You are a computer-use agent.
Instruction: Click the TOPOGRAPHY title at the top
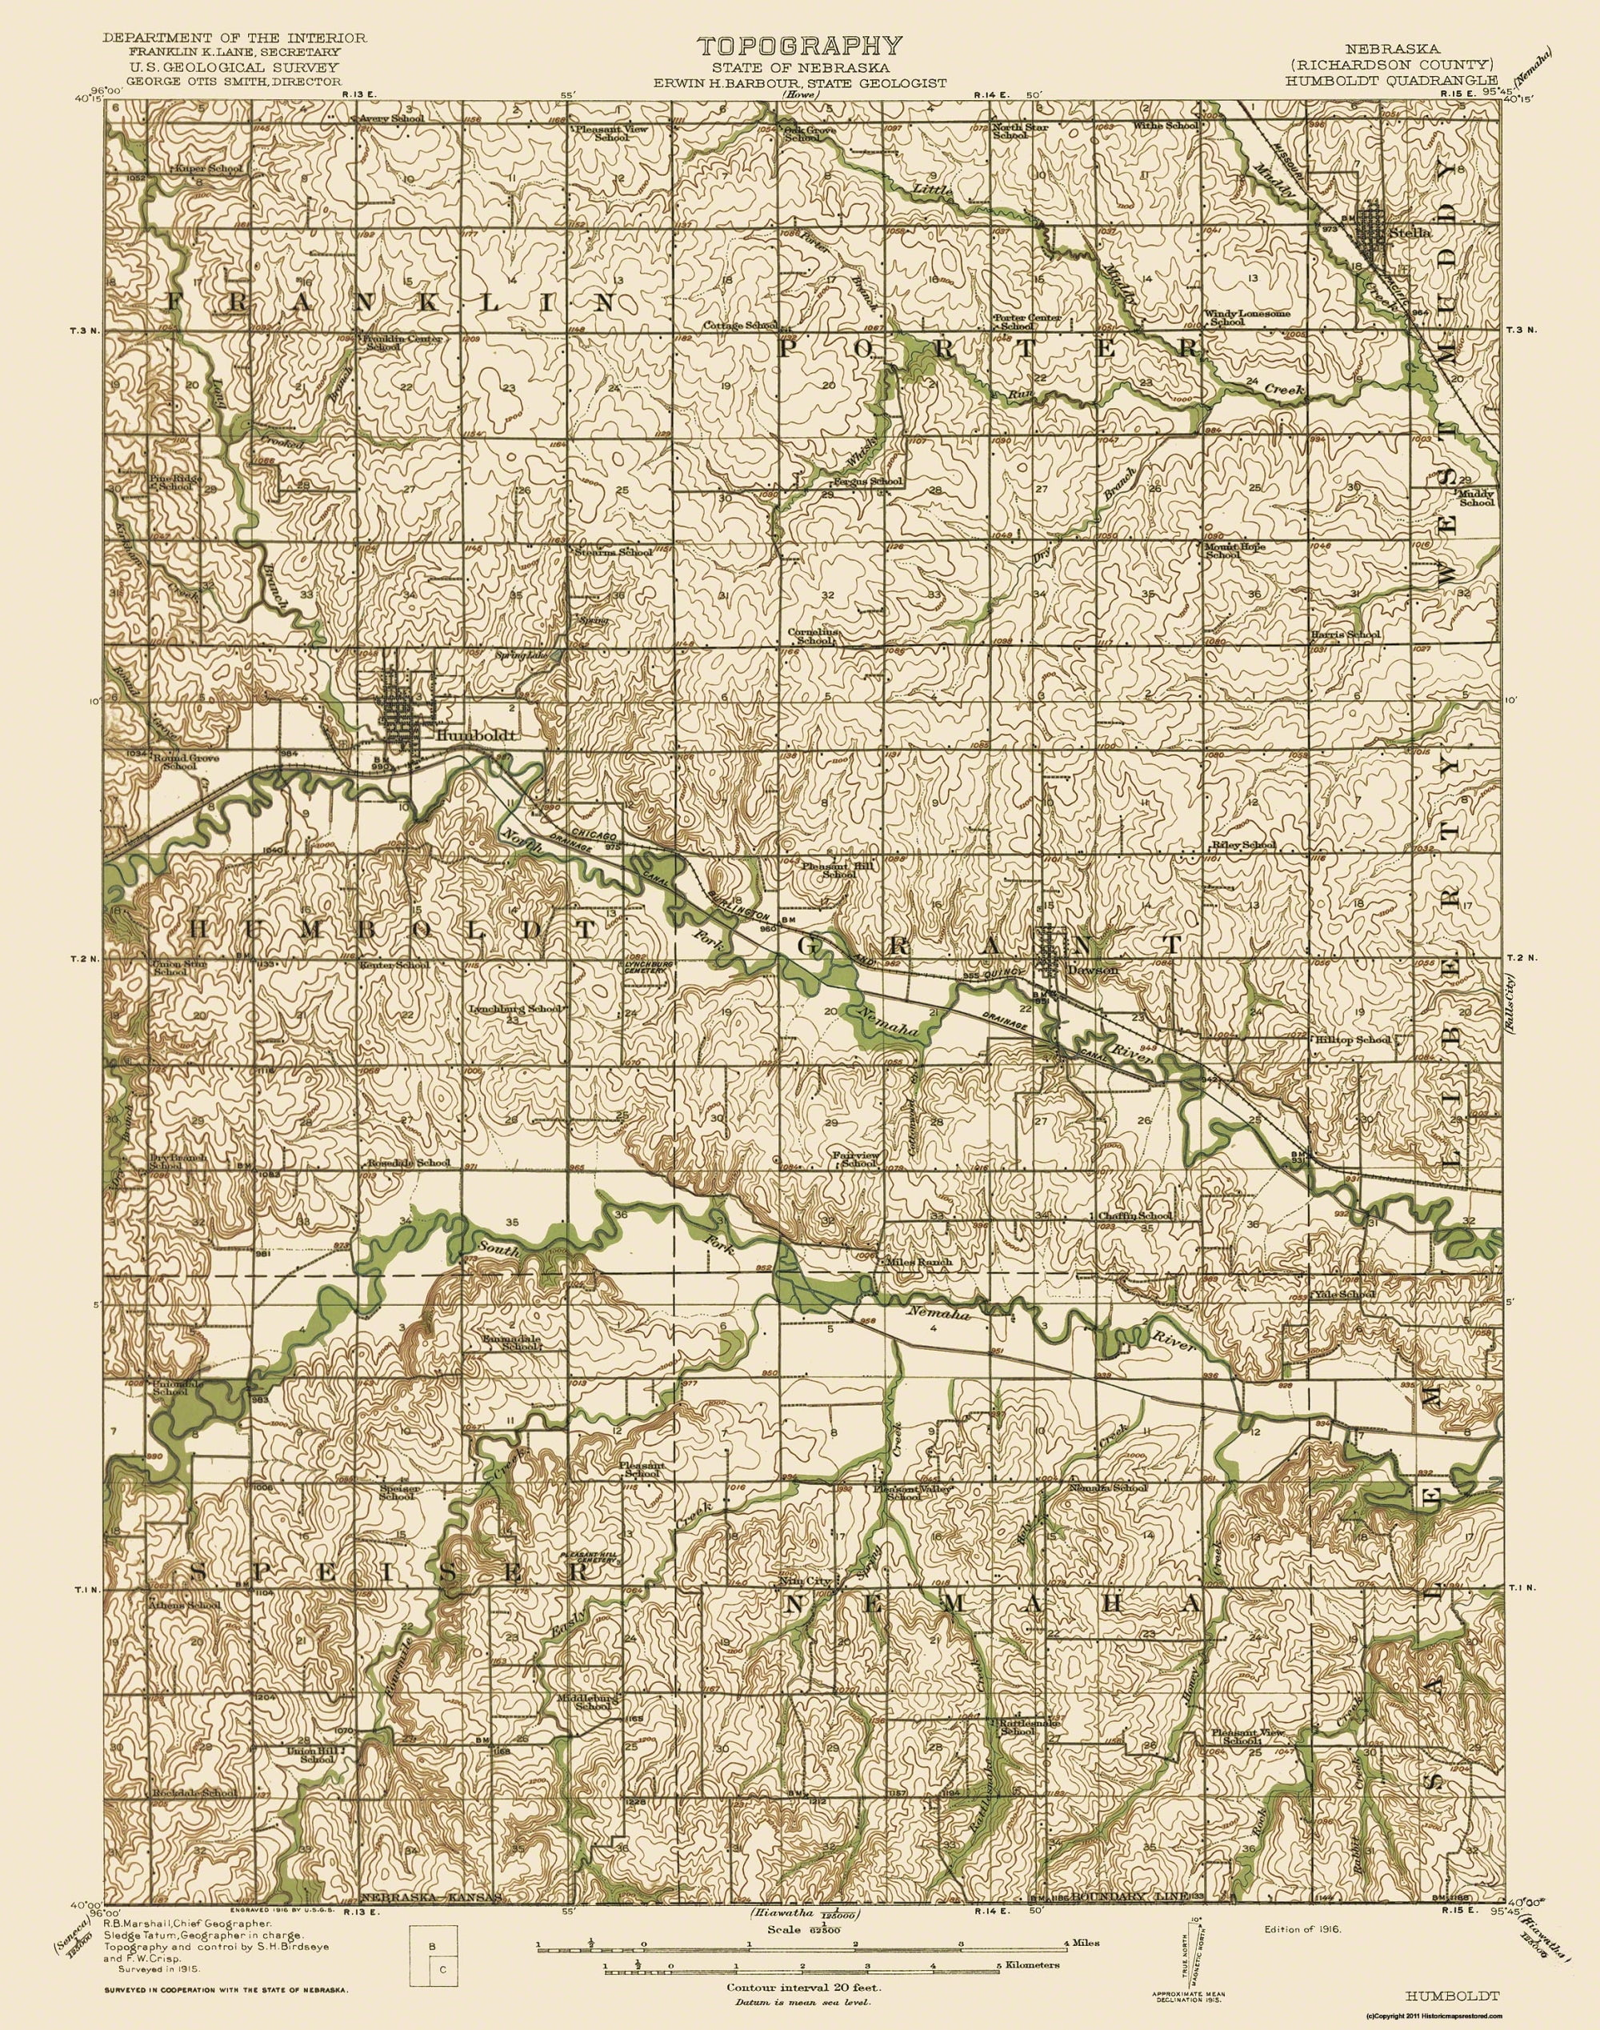(799, 45)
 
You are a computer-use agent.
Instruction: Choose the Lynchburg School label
(514, 1009)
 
